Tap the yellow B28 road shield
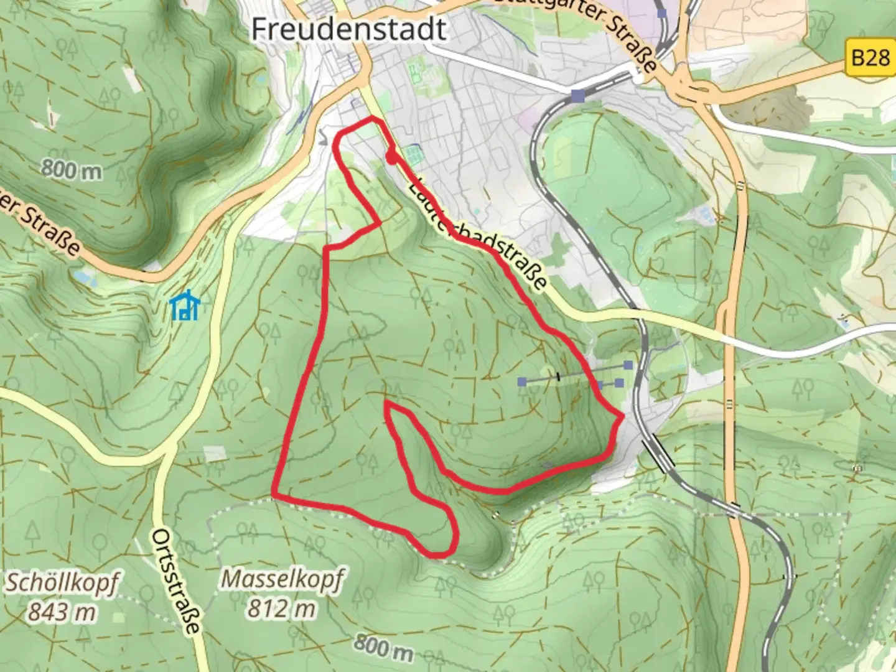pyautogui.click(x=870, y=58)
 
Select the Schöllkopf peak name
pyautogui.click(x=62, y=583)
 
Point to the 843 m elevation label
pyautogui.click(x=62, y=612)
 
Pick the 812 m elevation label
pyautogui.click(x=281, y=609)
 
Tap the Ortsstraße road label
pyautogui.click(x=177, y=581)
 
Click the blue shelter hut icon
pyautogui.click(x=185, y=306)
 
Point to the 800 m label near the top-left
pyautogui.click(x=72, y=169)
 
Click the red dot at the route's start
pyautogui.click(x=391, y=159)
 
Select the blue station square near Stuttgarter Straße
pyautogui.click(x=579, y=95)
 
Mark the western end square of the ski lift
pyautogui.click(x=523, y=381)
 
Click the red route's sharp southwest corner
pyautogui.click(x=274, y=495)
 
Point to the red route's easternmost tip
pyautogui.click(x=622, y=415)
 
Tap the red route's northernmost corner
pyautogui.click(x=373, y=118)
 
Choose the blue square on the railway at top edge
pyautogui.click(x=663, y=12)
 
